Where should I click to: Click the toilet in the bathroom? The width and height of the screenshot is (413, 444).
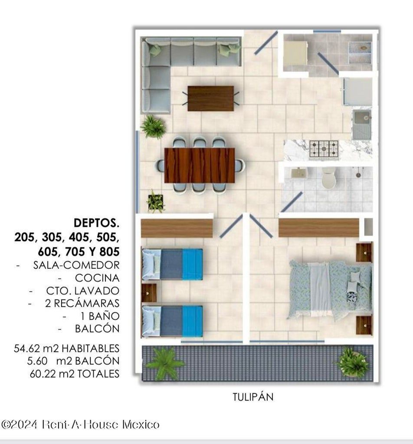click(328, 177)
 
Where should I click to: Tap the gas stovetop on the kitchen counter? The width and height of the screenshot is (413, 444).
click(324, 149)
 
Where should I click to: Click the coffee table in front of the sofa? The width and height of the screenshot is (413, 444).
click(211, 98)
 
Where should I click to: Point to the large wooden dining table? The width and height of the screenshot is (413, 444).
click(200, 165)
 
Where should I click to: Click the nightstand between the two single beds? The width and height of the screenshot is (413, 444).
click(149, 293)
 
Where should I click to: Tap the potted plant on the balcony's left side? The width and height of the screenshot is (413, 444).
click(164, 363)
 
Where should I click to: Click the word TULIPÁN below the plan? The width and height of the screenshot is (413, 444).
click(253, 397)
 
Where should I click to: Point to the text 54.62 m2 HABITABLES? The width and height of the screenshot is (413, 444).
click(66, 348)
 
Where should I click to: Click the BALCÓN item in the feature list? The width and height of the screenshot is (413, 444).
click(97, 329)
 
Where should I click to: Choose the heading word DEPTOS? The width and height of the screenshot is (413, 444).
click(96, 223)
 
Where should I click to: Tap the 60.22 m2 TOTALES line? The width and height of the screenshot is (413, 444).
click(75, 373)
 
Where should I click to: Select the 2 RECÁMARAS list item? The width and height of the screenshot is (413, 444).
click(82, 303)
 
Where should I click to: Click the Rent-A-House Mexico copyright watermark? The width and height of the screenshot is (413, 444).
click(80, 424)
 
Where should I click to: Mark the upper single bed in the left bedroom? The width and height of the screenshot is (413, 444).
click(172, 264)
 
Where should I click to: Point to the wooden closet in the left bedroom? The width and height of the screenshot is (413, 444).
click(177, 228)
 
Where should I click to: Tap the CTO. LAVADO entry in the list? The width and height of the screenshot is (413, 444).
click(83, 291)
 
